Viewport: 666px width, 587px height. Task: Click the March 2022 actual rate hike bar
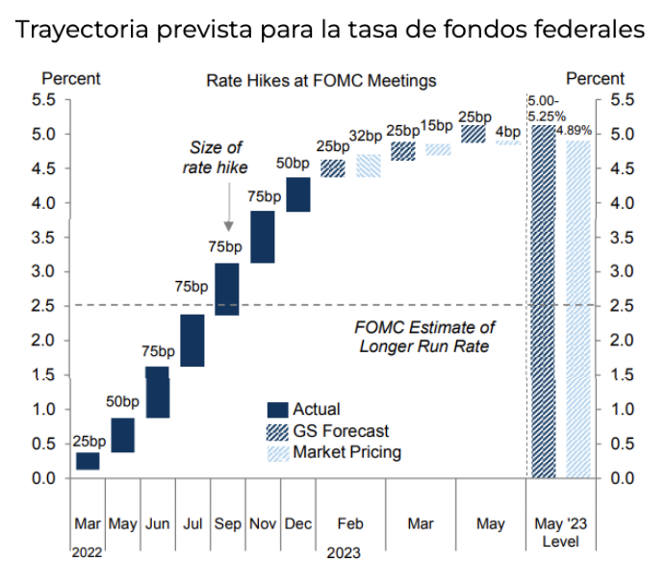(x=88, y=461)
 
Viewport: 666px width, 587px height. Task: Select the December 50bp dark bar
(x=297, y=194)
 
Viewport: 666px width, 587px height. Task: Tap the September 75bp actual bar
(x=227, y=289)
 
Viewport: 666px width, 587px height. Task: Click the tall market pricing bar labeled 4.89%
(x=578, y=308)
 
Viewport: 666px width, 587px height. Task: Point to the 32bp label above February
(x=368, y=136)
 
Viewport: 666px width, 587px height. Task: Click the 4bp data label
(x=507, y=132)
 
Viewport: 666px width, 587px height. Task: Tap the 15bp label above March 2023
(x=437, y=125)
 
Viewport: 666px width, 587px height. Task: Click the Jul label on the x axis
(x=192, y=524)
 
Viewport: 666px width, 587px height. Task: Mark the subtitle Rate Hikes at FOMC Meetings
(x=320, y=81)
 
